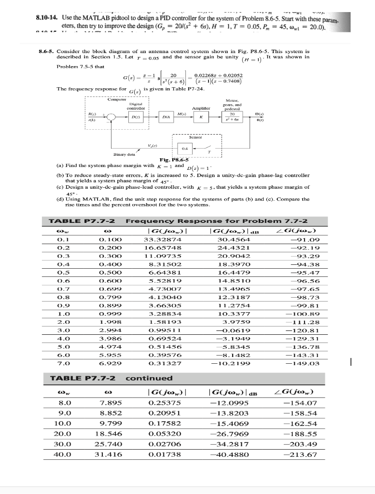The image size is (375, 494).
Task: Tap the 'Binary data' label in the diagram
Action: [x=124, y=155]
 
